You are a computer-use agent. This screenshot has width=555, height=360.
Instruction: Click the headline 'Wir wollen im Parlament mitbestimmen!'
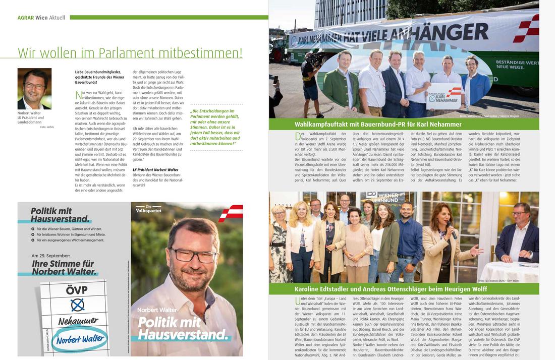tap(130, 52)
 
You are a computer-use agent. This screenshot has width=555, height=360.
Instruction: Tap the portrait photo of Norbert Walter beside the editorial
tap(34, 89)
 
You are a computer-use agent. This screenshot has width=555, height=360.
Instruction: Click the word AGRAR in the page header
tap(25, 18)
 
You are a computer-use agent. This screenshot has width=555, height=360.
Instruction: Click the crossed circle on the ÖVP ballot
tap(77, 305)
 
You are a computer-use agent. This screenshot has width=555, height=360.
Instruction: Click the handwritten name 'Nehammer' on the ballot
tap(77, 321)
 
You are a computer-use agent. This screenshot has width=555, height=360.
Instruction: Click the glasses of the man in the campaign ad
tap(194, 255)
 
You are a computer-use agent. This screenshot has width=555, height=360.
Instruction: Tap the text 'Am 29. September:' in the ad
tap(50, 256)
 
